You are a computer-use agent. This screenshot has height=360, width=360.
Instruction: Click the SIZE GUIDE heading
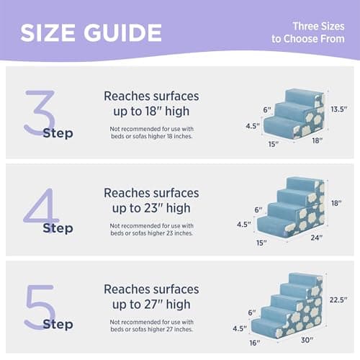(91, 32)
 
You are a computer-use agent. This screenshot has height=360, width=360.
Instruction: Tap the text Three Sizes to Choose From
(308, 32)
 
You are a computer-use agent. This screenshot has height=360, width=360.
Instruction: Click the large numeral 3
(40, 112)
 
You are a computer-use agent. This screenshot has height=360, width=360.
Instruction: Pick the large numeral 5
(40, 305)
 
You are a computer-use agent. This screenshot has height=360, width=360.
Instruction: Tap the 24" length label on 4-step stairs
(315, 238)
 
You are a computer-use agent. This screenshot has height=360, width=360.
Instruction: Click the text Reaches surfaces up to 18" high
(151, 104)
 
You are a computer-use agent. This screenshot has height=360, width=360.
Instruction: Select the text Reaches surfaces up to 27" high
(151, 296)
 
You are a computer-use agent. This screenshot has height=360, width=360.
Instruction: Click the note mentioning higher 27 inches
(151, 325)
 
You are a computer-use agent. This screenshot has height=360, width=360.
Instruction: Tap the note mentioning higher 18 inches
(151, 132)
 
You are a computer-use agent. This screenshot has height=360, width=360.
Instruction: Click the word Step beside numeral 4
(58, 228)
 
